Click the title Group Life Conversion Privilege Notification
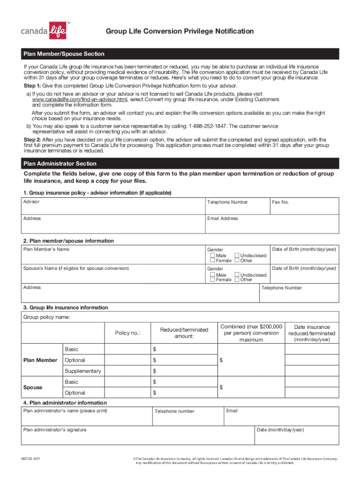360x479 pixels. coord(180,31)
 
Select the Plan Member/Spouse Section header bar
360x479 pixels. coord(180,54)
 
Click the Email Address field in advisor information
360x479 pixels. coord(272,225)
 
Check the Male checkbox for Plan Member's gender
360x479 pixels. coord(213,256)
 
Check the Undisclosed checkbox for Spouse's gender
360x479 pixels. coord(237,275)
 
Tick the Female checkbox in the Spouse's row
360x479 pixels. coord(213,280)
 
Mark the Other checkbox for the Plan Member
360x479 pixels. coord(237,261)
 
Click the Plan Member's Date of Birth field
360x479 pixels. coord(304,256)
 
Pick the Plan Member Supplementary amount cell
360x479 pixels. coord(184,371)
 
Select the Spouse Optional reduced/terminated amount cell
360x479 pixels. coord(184,393)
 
